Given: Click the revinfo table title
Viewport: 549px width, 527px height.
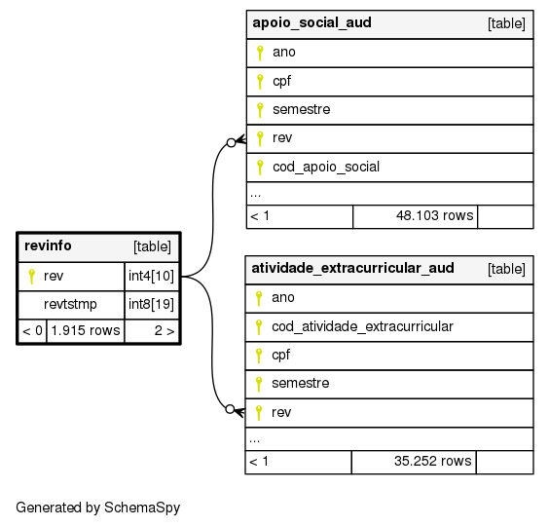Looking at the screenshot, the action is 48,245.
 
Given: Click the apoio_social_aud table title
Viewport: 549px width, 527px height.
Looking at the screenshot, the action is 311,22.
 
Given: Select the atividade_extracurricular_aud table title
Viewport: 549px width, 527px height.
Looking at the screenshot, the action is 353,268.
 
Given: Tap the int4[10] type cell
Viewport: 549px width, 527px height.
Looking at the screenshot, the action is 151,276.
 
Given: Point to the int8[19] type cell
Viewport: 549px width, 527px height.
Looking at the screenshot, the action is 151,304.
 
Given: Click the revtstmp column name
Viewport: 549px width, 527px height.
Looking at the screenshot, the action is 70,304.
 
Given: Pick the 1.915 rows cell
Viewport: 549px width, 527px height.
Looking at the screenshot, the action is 86,330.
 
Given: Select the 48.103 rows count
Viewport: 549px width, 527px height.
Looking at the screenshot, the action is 434,215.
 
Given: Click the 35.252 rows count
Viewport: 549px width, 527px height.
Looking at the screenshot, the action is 433,461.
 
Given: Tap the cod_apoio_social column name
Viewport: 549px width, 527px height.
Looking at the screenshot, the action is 326,167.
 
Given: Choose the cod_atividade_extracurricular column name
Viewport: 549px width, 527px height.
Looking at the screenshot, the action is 362,326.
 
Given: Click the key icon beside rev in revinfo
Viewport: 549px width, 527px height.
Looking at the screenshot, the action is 31,276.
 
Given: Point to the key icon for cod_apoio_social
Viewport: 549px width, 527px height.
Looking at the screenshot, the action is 260,168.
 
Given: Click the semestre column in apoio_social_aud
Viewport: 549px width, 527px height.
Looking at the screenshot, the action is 302,109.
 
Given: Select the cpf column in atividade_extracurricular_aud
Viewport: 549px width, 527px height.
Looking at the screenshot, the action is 280,355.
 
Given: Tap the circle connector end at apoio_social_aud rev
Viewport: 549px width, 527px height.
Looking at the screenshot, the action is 231,142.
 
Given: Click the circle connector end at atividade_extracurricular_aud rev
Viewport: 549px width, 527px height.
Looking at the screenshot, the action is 230,409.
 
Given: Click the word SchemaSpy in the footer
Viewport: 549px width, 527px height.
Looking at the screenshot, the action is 142,508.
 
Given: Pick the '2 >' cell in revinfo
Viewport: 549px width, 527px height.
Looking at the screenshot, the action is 165,330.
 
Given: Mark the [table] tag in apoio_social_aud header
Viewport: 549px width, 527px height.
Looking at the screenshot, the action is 506,23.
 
